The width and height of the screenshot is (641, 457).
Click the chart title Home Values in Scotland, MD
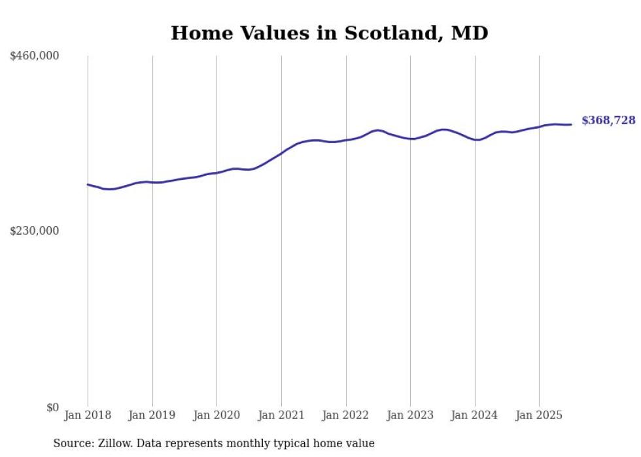coord(329,33)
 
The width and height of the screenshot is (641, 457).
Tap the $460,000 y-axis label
coord(34,56)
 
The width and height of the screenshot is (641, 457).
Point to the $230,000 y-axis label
coord(34,231)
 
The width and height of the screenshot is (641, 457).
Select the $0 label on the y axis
coord(52,407)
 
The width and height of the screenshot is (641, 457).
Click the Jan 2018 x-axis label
coord(88,415)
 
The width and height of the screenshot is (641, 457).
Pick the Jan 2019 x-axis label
coord(152,415)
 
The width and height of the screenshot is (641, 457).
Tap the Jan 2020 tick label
coord(217,415)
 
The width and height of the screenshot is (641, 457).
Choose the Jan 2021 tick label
coord(281,415)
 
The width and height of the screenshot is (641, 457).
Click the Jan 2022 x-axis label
coord(346,415)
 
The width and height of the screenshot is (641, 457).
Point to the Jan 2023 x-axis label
coord(410,415)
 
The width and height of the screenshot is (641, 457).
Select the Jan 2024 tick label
coord(475,415)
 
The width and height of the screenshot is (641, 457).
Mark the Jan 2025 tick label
coord(539,415)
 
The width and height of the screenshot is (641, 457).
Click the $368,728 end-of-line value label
coord(608,120)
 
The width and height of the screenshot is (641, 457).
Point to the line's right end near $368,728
coord(571,124)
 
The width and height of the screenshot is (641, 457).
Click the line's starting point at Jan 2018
coord(88,184)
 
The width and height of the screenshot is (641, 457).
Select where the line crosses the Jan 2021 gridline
coord(281,153)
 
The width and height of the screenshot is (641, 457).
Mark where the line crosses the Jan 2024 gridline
coord(475,139)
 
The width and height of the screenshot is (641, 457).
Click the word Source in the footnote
coord(72,443)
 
